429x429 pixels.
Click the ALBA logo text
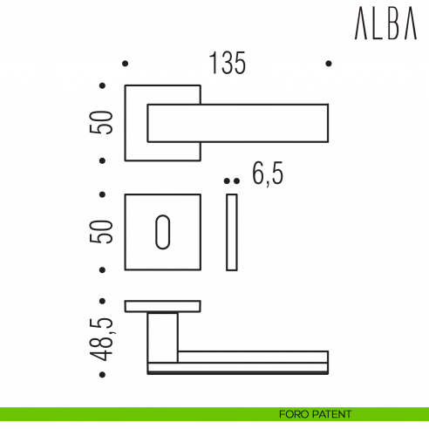coord(385,27)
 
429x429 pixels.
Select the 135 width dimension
coord(227,64)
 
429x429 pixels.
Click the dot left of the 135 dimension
coord(125,64)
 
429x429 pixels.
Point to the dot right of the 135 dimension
coord(328,64)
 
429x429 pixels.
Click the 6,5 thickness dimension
coord(268,174)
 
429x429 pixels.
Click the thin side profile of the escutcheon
coord(231,232)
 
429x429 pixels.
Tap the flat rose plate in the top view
coord(163,305)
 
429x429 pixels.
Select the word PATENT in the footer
coord(333,414)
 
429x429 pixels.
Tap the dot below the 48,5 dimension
coord(103,377)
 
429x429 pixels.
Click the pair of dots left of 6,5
coord(230,180)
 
